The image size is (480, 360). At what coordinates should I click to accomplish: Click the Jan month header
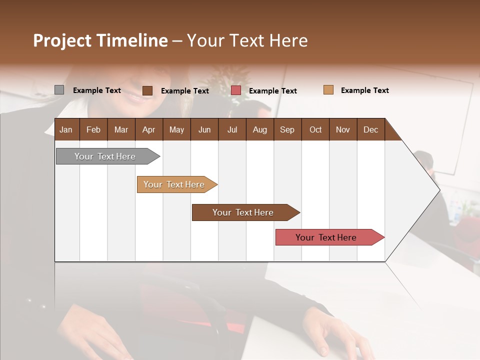coord(66,129)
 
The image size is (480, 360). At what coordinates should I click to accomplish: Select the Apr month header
coord(148,129)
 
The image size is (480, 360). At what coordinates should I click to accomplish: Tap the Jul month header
coord(232,129)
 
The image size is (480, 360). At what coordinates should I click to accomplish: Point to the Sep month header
coord(287,129)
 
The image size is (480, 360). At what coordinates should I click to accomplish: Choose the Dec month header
coord(370,129)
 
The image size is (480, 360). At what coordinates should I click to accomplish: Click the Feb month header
coord(93,129)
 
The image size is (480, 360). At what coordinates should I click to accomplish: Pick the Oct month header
coord(315,129)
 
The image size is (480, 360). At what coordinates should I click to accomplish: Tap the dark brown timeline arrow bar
coord(243,212)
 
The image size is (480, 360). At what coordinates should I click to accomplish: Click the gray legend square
coord(59,90)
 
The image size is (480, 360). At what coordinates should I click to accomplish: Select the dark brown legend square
coord(147,90)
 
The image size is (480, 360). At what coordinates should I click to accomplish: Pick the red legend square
coord(236,90)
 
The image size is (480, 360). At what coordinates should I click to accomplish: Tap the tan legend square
coord(328,90)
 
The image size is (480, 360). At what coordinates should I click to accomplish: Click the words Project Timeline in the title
coord(100,40)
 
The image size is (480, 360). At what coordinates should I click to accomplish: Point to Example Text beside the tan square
coord(364,90)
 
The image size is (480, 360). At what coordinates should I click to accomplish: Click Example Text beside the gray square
coord(97,90)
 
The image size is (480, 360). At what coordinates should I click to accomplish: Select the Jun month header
coord(204,129)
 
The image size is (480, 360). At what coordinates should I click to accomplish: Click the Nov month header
coord(343,129)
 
